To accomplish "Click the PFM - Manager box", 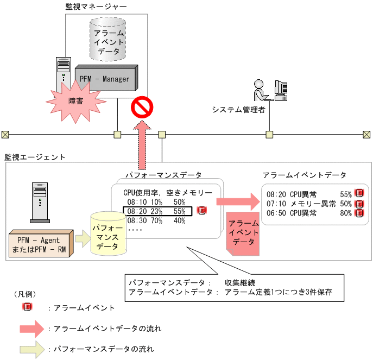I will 105,79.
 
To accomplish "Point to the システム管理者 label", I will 239,110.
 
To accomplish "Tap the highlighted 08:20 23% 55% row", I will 157,211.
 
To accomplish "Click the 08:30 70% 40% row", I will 155,221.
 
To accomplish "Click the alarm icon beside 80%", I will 359,213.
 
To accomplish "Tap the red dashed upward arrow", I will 143,144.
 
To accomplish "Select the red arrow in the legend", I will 31,329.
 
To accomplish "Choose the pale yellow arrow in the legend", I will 31,349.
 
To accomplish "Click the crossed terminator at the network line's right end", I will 366,134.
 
